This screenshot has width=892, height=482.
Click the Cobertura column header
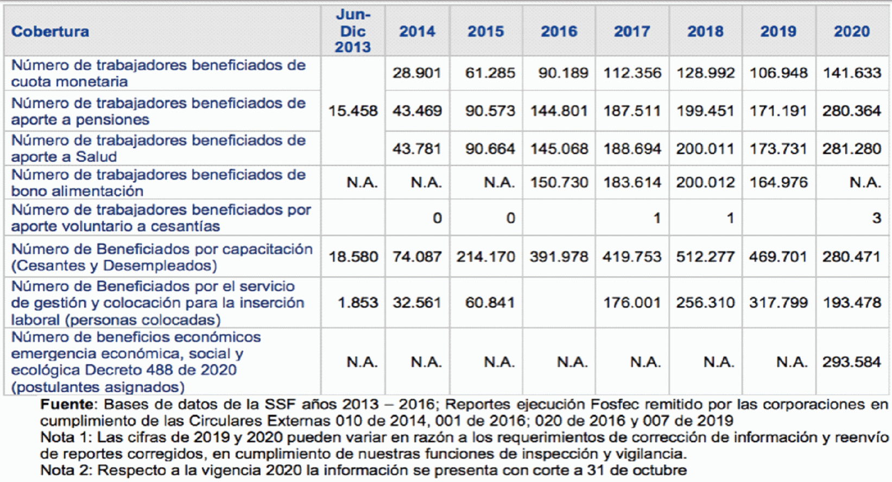tap(50, 31)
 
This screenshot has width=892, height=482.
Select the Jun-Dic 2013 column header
tap(353, 31)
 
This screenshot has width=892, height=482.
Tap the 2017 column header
tap(632, 31)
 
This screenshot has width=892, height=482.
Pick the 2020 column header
tap(852, 31)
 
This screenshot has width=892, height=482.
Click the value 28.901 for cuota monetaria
tap(417, 73)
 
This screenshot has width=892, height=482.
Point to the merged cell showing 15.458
tap(353, 111)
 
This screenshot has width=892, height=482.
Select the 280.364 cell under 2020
tap(852, 111)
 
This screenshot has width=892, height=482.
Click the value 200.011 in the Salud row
tap(705, 149)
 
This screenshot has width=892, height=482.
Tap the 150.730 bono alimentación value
tap(559, 182)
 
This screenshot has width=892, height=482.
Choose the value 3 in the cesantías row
tap(876, 218)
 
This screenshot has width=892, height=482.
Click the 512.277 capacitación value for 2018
tap(705, 257)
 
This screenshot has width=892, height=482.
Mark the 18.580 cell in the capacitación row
tap(353, 257)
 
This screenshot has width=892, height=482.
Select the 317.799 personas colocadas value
tap(779, 302)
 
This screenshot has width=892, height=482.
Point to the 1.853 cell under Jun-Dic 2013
tap(358, 302)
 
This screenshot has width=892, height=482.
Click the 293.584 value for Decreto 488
tap(852, 362)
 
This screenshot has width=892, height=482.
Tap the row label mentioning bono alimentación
tap(158, 183)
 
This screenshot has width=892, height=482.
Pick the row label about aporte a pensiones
tap(158, 111)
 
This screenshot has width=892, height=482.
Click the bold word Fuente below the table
tap(67, 404)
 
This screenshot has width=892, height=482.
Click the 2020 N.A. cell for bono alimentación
tap(865, 182)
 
